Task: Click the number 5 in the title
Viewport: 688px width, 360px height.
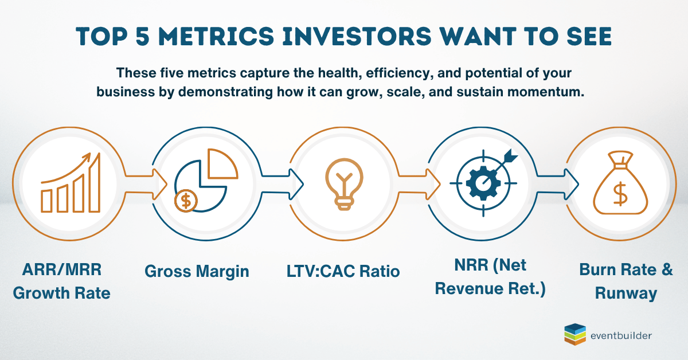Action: (143, 36)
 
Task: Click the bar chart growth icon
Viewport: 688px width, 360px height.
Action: (71, 182)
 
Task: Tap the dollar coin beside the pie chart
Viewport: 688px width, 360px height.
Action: (186, 201)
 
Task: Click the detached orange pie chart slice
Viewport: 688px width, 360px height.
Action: (222, 165)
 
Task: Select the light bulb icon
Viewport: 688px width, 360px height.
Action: (345, 184)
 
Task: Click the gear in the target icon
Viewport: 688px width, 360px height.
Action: (483, 183)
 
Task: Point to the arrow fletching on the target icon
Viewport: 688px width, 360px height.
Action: (510, 156)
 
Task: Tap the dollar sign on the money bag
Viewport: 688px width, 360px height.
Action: (620, 194)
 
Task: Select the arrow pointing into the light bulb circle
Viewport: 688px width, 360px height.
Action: (283, 185)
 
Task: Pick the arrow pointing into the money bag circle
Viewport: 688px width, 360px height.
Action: (558, 185)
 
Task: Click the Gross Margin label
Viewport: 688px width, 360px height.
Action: (197, 272)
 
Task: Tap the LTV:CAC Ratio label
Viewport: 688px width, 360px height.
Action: (343, 271)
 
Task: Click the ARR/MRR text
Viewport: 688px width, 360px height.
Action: (62, 269)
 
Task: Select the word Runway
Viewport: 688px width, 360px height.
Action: (626, 293)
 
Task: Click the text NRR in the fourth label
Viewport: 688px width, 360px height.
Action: (471, 265)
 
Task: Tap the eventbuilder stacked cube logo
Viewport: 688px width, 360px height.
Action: (575, 334)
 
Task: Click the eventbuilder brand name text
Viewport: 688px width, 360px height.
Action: (621, 335)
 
